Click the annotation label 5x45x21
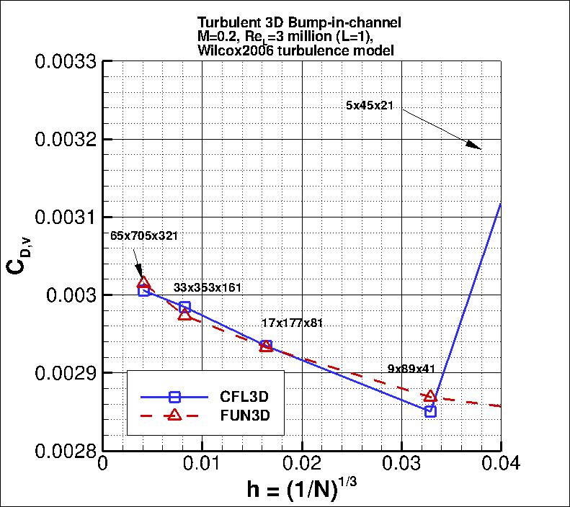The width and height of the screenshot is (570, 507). point(369,106)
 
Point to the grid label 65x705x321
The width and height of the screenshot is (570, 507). point(144,235)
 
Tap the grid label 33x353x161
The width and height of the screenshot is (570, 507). point(208,288)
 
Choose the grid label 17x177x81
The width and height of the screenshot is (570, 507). point(292,323)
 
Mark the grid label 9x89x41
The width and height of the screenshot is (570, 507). point(411,369)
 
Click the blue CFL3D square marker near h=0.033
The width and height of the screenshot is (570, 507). point(430,411)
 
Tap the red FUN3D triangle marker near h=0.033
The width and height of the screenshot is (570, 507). point(430,396)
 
